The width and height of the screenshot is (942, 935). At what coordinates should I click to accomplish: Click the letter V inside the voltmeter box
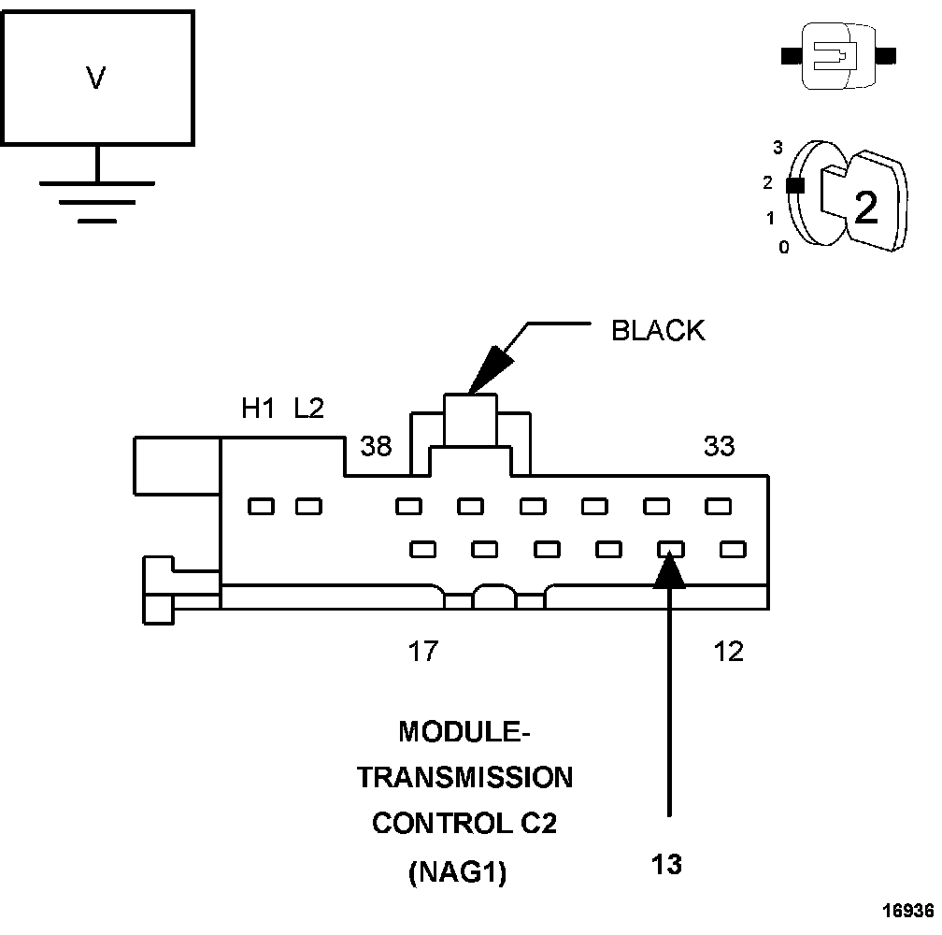point(95,79)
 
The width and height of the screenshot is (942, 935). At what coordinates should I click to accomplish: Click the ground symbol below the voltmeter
point(97,201)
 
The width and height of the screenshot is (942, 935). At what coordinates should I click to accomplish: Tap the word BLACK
point(658,331)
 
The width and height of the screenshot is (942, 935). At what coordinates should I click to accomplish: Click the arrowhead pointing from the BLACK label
point(487,374)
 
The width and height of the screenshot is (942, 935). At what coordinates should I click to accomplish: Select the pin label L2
point(308,409)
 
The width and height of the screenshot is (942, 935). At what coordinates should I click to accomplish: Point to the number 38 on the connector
point(376,447)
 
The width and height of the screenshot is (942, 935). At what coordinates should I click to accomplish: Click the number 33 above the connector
point(719,447)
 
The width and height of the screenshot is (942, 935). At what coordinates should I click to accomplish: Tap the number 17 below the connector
point(422,651)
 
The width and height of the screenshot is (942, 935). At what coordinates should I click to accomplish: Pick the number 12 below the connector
point(728,651)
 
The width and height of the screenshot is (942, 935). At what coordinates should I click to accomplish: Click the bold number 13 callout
point(667,864)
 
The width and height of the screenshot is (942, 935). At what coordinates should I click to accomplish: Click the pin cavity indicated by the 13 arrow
point(670,549)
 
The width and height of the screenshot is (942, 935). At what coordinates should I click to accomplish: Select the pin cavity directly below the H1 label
point(261,507)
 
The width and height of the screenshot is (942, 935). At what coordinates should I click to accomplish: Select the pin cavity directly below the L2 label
point(308,507)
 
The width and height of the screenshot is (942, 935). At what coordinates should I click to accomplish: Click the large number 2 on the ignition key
point(866,209)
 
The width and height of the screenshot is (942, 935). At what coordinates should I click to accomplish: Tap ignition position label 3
point(777,147)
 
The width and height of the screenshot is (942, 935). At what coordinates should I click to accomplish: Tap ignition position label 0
point(783,248)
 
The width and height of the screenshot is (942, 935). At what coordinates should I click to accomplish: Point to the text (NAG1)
point(457,873)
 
